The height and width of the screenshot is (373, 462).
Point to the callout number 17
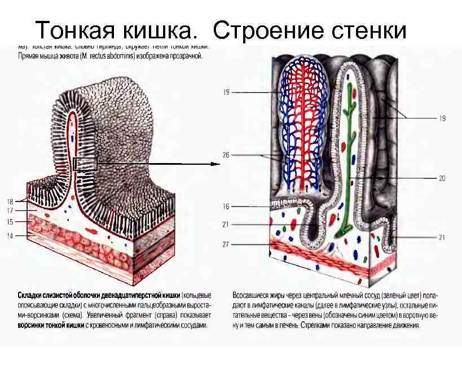click(10, 210)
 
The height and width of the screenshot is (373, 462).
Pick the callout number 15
click(10, 222)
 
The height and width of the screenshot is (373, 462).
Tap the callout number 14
click(10, 235)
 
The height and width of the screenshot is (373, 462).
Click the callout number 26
click(226, 155)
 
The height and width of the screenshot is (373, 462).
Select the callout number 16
click(226, 207)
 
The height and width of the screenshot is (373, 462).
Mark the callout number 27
click(226, 244)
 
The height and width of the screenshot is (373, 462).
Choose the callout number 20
click(442, 178)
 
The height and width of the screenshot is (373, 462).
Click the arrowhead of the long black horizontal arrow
click(215, 164)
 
